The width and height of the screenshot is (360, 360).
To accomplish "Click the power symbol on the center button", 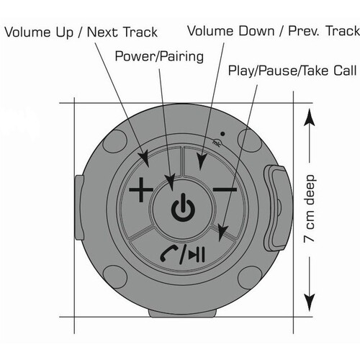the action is click(x=183, y=207).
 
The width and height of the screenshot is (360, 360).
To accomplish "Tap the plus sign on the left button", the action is click(x=141, y=189).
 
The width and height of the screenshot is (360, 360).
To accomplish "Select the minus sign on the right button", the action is click(x=225, y=189).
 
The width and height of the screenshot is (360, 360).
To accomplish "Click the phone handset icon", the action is click(x=168, y=254).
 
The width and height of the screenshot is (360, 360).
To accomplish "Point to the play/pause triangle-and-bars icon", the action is click(x=197, y=255).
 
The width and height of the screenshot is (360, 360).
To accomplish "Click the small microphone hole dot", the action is click(x=222, y=134).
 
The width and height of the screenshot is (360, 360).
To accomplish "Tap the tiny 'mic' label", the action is click(x=217, y=143).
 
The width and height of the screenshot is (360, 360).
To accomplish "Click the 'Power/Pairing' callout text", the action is click(x=159, y=56).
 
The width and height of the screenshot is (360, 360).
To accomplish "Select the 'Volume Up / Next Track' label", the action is click(x=81, y=32).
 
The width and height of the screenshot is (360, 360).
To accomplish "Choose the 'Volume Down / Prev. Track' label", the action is click(x=274, y=31).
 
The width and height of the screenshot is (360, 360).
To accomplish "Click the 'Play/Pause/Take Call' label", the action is click(x=292, y=71).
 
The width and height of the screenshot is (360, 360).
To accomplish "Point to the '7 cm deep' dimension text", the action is click(x=309, y=208).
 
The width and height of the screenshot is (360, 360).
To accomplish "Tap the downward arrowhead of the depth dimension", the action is click(x=310, y=302).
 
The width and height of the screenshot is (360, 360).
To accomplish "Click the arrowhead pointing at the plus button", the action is click(x=145, y=159).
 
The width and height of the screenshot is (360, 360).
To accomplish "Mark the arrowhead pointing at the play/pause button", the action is click(x=222, y=233).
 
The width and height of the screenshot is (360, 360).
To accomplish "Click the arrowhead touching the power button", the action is click(x=171, y=183).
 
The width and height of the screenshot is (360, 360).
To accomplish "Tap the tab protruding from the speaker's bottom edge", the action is click(x=182, y=313).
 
